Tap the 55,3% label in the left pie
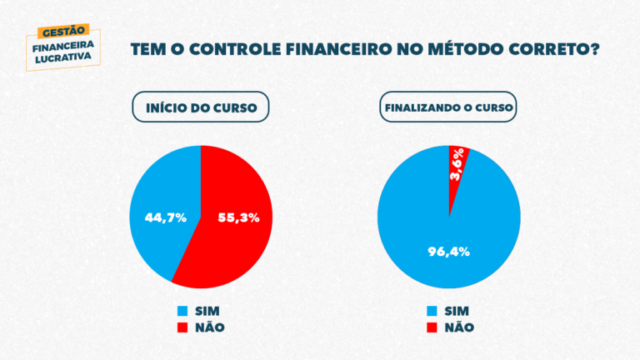[x=238, y=217]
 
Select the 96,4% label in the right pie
[x=449, y=251]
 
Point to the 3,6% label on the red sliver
[x=457, y=165]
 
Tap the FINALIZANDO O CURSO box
[x=448, y=107]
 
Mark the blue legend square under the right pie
[x=431, y=311]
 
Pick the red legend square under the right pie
[x=431, y=327]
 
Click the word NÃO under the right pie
[x=459, y=327]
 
